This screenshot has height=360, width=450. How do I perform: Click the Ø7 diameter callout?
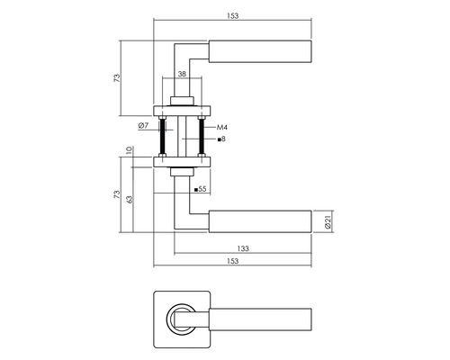[x=144, y=125]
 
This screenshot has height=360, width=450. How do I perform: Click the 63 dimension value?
[x=130, y=198]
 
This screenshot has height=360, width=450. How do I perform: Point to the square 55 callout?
[x=200, y=190]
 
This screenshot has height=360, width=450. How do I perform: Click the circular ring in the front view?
[x=181, y=316]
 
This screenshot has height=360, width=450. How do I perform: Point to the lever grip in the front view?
[x=261, y=316]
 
